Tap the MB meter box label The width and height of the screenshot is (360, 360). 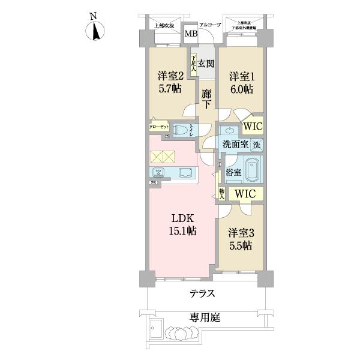pyautogui.click(x=190, y=34)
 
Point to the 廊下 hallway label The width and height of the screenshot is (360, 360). pyautogui.click(x=206, y=99)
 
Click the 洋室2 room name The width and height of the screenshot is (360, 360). pyautogui.click(x=169, y=77)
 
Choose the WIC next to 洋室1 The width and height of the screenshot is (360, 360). pyautogui.click(x=253, y=127)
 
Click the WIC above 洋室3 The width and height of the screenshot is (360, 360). pyautogui.click(x=245, y=194)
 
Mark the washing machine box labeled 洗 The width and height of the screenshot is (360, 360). pyautogui.click(x=256, y=145)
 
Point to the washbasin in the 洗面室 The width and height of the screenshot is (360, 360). pyautogui.click(x=229, y=130)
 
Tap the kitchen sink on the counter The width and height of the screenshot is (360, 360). pyautogui.click(x=185, y=173)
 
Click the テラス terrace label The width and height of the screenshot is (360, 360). pyautogui.click(x=203, y=293)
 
